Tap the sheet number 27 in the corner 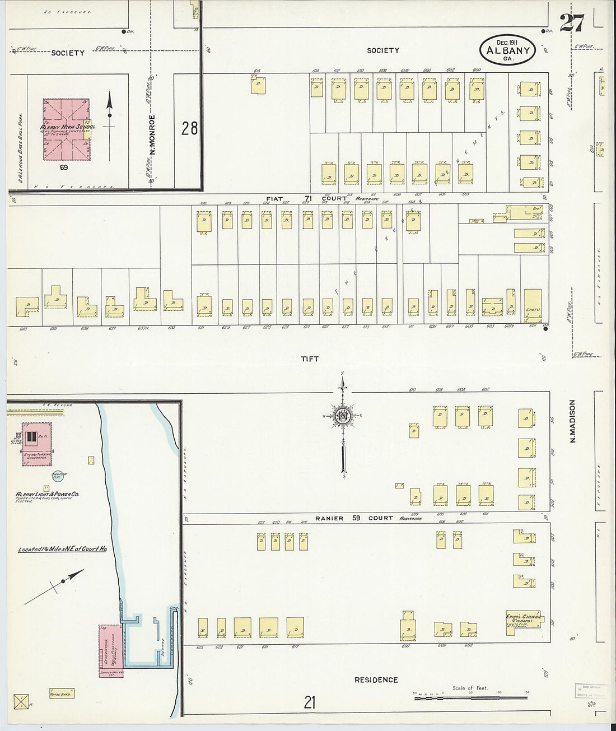tap(571, 23)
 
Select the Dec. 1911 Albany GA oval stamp tap(508, 50)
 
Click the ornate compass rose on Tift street tap(342, 416)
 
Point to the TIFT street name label tap(309, 358)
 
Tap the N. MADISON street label tap(572, 421)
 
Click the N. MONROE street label tap(152, 135)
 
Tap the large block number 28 tap(189, 128)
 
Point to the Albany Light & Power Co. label tap(47, 495)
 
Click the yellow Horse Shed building tap(62, 693)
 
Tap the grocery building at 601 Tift tap(533, 305)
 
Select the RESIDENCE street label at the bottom tap(376, 679)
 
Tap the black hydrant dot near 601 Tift tap(545, 329)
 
